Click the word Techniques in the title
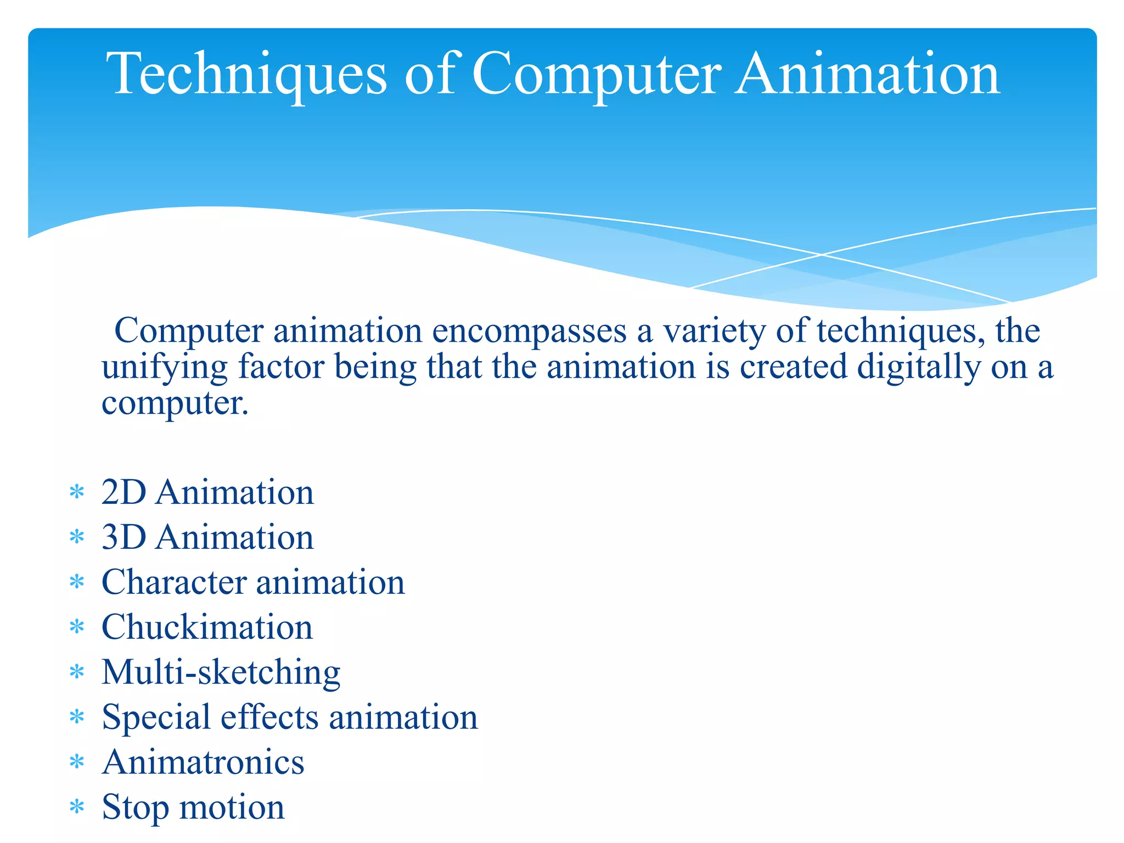point(246,74)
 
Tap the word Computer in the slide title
point(596,74)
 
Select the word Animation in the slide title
point(868,74)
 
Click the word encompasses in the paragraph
point(529,331)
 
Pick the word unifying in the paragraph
point(164,367)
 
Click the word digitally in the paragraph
point(919,367)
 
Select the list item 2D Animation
point(207,492)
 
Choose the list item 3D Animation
point(207,537)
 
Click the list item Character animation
point(253,582)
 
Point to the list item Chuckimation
point(207,627)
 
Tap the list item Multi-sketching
point(221,672)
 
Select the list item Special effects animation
point(290,717)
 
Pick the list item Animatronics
point(203,762)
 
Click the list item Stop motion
point(193,807)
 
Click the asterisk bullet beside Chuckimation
point(77,627)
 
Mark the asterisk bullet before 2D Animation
point(77,492)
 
